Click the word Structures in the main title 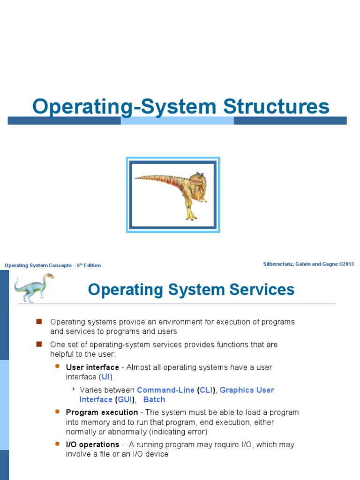pyautogui.click(x=276, y=106)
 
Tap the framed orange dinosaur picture pyautogui.click(x=173, y=195)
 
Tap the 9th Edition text pyautogui.click(x=89, y=265)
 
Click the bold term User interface pyautogui.click(x=92, y=367)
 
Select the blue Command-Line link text pyautogui.click(x=165, y=390)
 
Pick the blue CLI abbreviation pyautogui.click(x=206, y=390)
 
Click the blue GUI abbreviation pyautogui.click(x=124, y=400)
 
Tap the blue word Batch pyautogui.click(x=154, y=400)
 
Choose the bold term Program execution pyautogui.click(x=102, y=412)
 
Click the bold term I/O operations pyautogui.click(x=92, y=444)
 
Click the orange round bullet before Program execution pyautogui.click(x=58, y=412)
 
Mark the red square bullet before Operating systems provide pyautogui.click(x=39, y=322)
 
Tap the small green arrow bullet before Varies pyautogui.click(x=74, y=389)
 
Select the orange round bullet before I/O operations pyautogui.click(x=58, y=443)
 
